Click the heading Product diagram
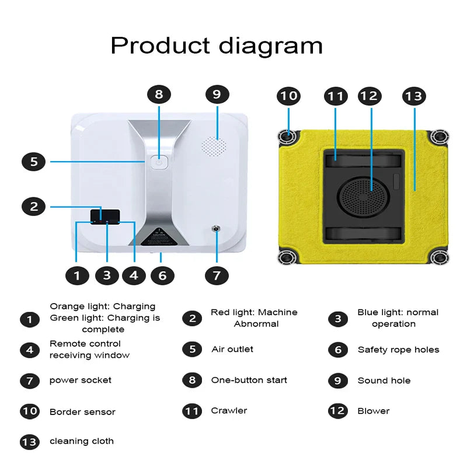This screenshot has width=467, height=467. pyautogui.click(x=216, y=45)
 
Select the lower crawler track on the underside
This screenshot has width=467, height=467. pyautogui.click(x=363, y=234)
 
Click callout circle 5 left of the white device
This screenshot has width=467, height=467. pyautogui.click(x=34, y=161)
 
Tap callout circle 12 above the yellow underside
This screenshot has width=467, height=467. pyautogui.click(x=370, y=96)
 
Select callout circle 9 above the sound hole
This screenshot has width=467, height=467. pyautogui.click(x=217, y=95)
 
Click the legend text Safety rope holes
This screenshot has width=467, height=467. pyautogui.click(x=398, y=350)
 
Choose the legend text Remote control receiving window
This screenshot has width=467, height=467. pyautogui.click(x=89, y=350)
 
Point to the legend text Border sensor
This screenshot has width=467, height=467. pyautogui.click(x=82, y=412)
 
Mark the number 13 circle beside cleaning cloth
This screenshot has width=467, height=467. pyautogui.click(x=29, y=442)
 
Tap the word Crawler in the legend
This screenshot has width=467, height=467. pyautogui.click(x=229, y=411)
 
